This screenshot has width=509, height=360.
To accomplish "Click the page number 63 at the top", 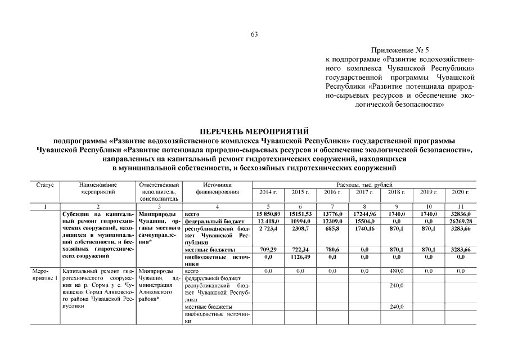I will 254,35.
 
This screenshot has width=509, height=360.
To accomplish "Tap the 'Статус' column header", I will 44,185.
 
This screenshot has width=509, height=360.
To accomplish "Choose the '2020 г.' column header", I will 461,192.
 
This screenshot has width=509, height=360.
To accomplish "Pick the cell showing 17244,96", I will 364,215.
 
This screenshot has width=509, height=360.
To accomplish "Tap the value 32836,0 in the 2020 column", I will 461,215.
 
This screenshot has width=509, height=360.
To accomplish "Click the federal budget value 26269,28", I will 461,222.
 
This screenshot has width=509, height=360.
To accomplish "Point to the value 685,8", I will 332,229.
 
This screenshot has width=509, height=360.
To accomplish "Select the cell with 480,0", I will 397,271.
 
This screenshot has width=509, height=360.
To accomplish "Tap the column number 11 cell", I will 461,207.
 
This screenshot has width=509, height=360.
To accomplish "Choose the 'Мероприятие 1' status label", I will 44,274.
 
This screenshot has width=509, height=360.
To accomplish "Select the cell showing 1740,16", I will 364,229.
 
